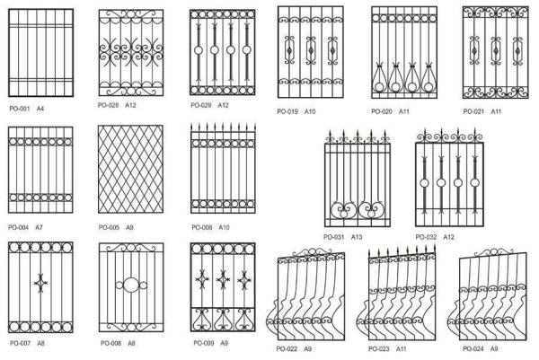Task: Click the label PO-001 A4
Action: pos(27,109)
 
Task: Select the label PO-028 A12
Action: pos(119,104)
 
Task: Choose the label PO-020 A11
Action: pos(390,111)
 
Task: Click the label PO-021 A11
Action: pos(482,111)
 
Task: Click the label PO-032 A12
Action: pos(435,237)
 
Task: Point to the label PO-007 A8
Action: pos(27,342)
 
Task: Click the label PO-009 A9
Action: pos(210,342)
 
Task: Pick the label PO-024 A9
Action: pos(481,347)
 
